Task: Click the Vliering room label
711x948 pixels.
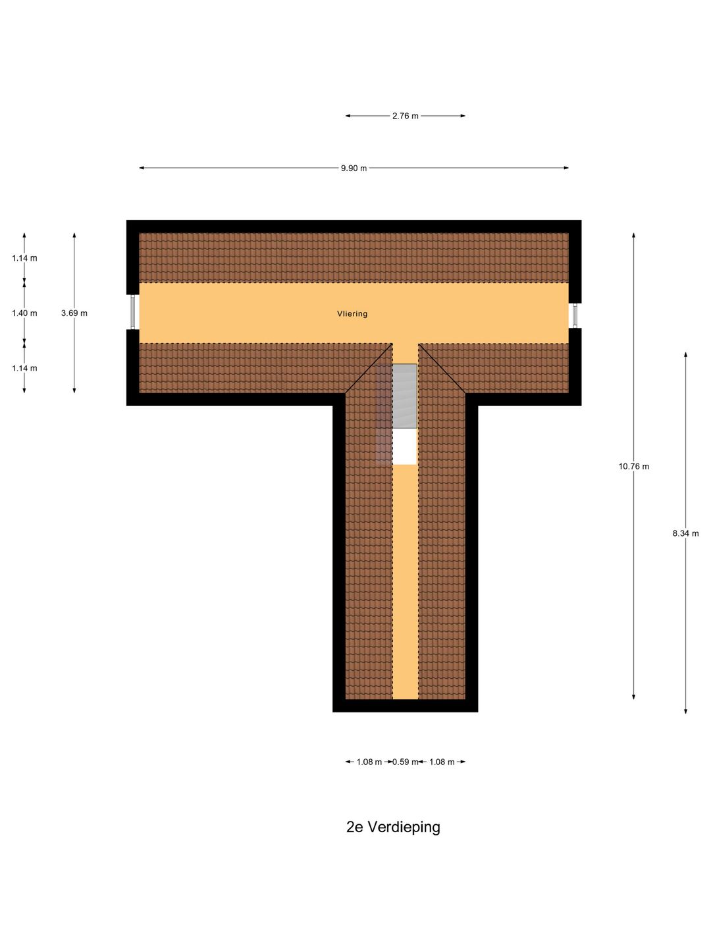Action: pos(352,313)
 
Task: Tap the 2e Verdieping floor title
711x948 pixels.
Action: pos(393,827)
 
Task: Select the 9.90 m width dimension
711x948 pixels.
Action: pos(354,168)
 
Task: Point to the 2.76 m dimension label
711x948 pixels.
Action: pos(405,116)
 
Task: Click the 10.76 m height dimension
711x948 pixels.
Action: pos(634,467)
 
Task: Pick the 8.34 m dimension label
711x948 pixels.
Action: pos(685,533)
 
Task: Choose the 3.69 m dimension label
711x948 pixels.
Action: pos(74,313)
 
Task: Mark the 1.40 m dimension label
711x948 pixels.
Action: pos(24,313)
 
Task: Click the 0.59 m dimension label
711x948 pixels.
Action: pos(405,762)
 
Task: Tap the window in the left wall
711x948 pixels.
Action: pos(133,312)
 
